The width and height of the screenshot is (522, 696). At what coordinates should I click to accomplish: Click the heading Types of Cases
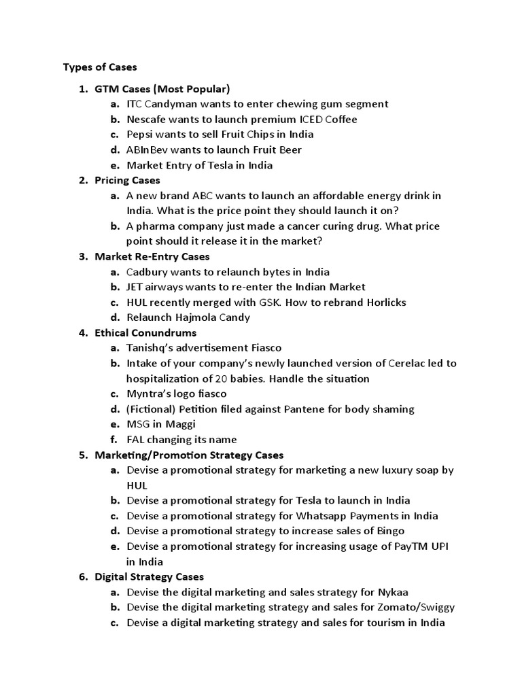100,67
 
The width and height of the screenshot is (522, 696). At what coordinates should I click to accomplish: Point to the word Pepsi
140,135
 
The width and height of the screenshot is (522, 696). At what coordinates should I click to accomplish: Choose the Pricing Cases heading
127,180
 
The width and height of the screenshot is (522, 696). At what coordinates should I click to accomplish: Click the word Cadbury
147,272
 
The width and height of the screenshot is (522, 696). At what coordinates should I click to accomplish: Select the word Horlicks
387,302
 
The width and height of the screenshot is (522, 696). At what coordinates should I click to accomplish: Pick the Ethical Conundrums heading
145,332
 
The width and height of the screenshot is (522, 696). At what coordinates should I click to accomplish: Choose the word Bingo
391,531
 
